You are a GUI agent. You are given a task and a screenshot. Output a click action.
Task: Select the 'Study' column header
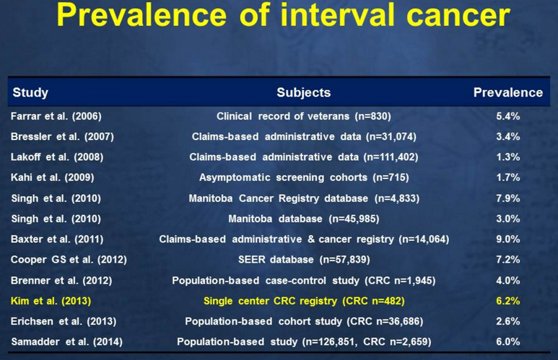(x=30, y=93)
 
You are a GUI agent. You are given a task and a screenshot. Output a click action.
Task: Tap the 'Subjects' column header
(x=304, y=92)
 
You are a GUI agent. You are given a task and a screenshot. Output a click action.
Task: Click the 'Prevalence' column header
(x=507, y=92)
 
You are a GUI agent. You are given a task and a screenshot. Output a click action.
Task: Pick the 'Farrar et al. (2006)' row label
(x=56, y=116)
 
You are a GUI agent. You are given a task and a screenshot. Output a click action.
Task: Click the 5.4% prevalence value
(x=507, y=116)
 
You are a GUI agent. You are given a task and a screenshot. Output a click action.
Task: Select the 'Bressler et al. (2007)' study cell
(x=62, y=136)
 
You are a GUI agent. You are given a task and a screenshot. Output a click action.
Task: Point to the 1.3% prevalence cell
(x=507, y=157)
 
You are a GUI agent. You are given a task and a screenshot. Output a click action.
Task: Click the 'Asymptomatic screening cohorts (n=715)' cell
(x=304, y=177)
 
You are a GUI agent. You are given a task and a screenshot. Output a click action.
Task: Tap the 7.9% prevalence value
(x=507, y=198)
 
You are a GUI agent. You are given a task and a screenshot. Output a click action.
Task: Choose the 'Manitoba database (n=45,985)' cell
(x=304, y=219)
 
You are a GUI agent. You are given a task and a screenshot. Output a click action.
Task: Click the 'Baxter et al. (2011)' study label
(x=57, y=239)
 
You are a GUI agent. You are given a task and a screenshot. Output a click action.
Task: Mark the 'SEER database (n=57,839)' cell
(x=304, y=259)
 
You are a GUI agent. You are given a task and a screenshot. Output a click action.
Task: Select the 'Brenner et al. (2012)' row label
(x=61, y=281)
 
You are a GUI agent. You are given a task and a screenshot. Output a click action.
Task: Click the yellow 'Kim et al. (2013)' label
(x=51, y=301)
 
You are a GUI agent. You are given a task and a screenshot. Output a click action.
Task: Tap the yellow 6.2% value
(x=507, y=301)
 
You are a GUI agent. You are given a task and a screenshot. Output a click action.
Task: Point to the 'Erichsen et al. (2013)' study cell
(x=64, y=321)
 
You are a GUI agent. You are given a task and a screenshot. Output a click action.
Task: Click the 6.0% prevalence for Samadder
(x=507, y=341)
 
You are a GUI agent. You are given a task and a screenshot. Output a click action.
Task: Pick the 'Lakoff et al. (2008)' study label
(x=57, y=157)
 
